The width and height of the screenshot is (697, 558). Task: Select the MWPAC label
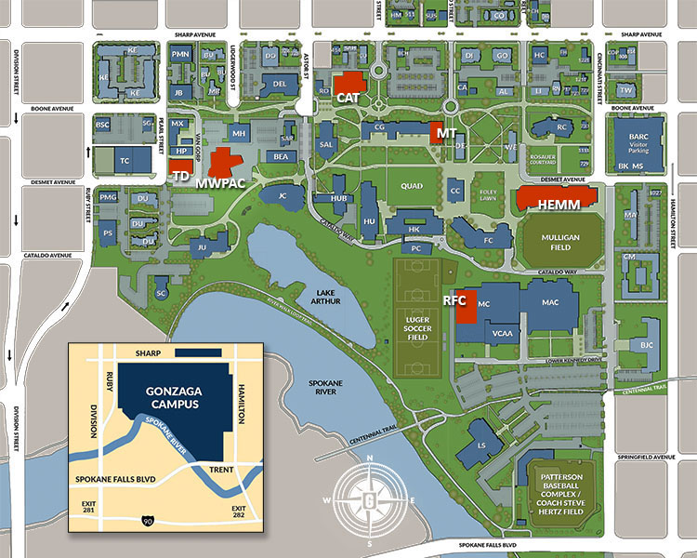[x=220, y=182]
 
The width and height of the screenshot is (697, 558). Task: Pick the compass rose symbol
[x=369, y=499]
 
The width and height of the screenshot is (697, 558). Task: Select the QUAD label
[x=411, y=185]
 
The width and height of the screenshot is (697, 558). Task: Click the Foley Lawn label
[x=488, y=197]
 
